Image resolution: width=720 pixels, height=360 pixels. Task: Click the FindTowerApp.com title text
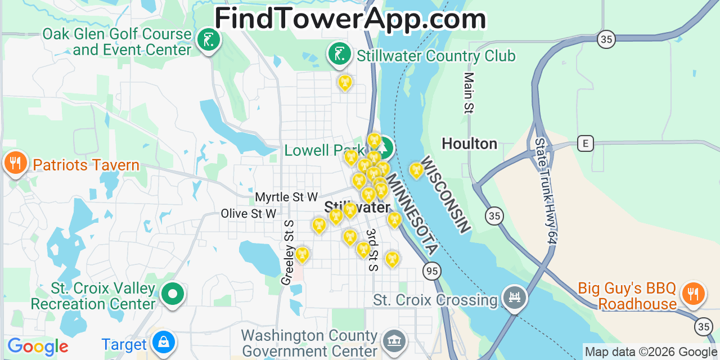pyautogui.click(x=350, y=19)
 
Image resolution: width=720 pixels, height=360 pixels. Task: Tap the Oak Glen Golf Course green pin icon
pyautogui.click(x=208, y=40)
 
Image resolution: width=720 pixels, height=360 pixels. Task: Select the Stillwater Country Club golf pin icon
pyautogui.click(x=339, y=55)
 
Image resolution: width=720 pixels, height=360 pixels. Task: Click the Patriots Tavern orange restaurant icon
pyautogui.click(x=15, y=163)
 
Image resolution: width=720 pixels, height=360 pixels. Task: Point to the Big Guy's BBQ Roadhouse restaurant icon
pyautogui.click(x=693, y=294)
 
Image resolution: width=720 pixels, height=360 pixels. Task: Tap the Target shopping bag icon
pyautogui.click(x=163, y=342)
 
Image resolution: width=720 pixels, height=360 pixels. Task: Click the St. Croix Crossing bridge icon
pyautogui.click(x=514, y=296)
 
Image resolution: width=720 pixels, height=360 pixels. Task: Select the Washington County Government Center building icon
pyautogui.click(x=394, y=341)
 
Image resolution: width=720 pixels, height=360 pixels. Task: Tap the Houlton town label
pyautogui.click(x=469, y=144)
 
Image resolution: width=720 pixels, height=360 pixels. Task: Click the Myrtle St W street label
pyautogui.click(x=286, y=197)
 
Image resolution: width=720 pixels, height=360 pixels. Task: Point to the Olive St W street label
pyautogui.click(x=249, y=214)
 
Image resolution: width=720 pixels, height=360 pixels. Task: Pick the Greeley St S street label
pyautogui.click(x=288, y=253)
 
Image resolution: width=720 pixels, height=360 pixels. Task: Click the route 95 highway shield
pyautogui.click(x=431, y=271)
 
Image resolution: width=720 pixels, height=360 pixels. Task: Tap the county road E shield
pyautogui.click(x=585, y=143)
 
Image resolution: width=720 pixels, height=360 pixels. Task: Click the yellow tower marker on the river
pyautogui.click(x=416, y=169)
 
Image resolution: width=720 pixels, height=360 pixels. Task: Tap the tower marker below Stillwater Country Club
pyautogui.click(x=345, y=83)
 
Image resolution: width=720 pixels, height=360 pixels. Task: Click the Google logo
pyautogui.click(x=37, y=346)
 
